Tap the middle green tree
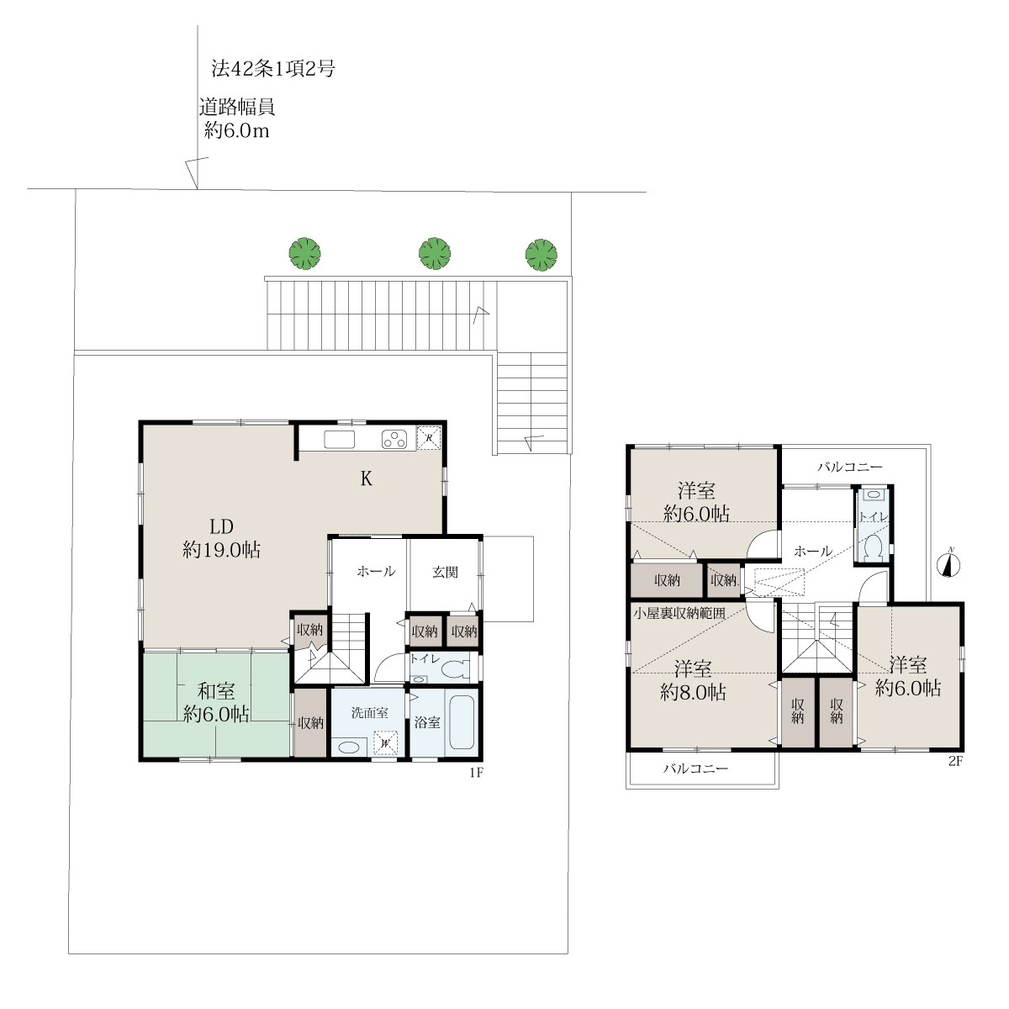pos(435,253)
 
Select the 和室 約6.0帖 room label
pos(216,702)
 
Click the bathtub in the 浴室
pos(462,722)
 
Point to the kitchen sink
pos(340,440)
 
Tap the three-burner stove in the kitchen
pos(395,439)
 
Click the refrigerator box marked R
pos(429,438)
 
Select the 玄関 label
pos(445,572)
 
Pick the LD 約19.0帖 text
pos(221,538)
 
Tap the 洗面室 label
pos(370,713)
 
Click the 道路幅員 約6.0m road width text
pos(236,119)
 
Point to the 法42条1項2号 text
pos(272,68)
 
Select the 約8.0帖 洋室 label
pos(693,681)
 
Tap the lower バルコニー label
pos(695,769)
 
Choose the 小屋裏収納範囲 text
pos(679,613)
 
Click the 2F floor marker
pos(955,761)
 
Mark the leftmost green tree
pos(304,253)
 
